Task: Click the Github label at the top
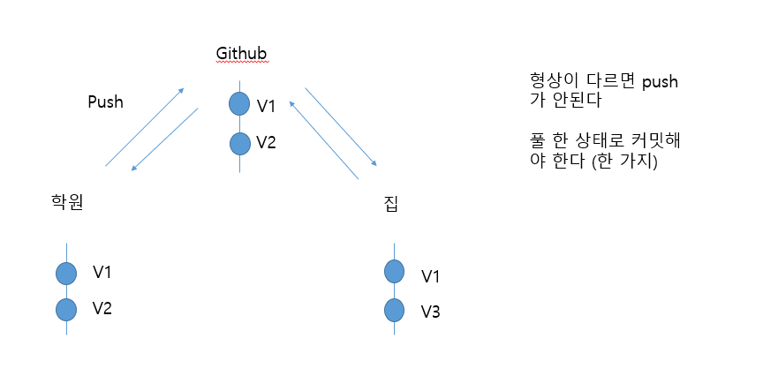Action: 241,54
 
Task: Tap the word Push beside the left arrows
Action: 105,102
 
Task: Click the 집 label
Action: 391,204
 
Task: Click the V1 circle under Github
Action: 238,104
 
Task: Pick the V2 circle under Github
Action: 238,142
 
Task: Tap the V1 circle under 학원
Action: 66,274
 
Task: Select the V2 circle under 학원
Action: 66,309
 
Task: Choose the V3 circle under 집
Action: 394,310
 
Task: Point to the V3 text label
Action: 431,312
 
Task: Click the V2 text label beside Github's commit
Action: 267,141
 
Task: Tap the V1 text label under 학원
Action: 102,272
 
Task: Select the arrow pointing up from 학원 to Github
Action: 144,126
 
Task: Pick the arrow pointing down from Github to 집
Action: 341,126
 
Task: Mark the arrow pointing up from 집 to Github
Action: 325,140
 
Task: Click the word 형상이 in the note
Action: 545,82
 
